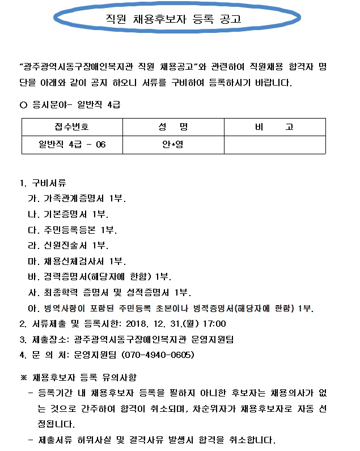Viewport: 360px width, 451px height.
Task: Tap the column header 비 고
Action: [274, 127]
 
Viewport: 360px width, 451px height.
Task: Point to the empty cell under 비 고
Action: [274, 144]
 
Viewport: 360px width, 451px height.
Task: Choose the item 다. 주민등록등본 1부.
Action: [73, 230]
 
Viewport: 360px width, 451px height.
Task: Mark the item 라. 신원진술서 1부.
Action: [68, 246]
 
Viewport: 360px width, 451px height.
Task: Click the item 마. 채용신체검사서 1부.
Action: [77, 262]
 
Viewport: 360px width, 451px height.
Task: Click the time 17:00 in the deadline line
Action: [214, 324]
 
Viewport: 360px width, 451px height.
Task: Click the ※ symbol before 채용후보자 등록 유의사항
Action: [23, 377]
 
